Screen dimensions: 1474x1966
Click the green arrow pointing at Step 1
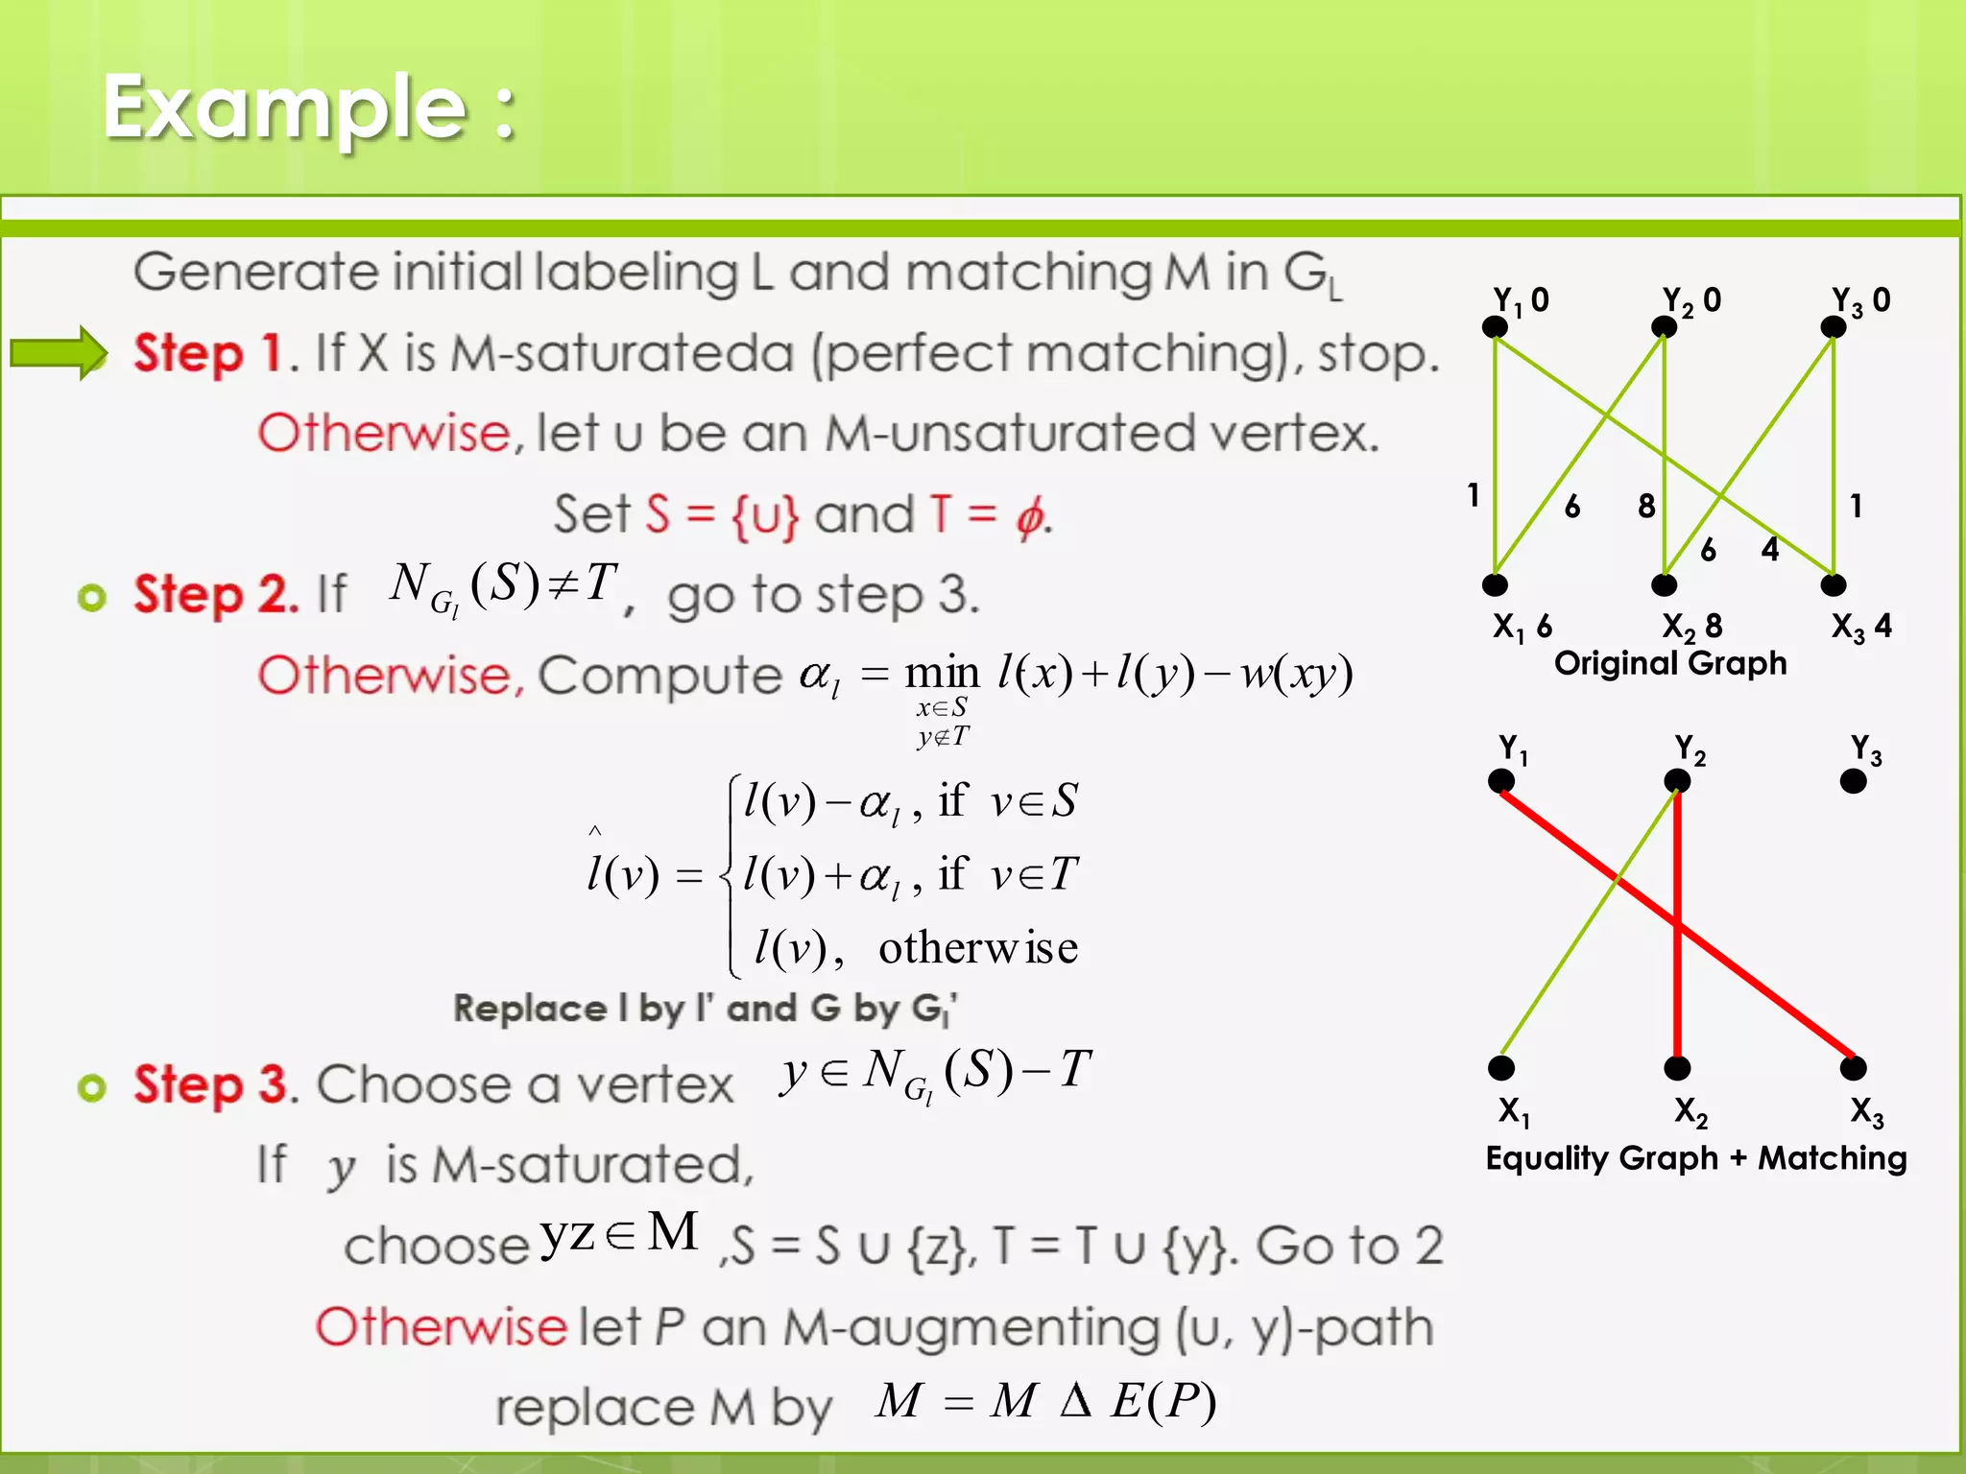coord(58,353)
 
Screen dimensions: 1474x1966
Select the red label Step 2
coord(216,594)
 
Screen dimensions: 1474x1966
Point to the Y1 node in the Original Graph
coord(1495,327)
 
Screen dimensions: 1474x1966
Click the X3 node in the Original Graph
coord(1834,584)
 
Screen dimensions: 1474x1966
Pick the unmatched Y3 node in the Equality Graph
coord(1853,781)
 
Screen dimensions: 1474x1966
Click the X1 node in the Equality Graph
coord(1501,1067)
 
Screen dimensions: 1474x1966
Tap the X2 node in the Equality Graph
coord(1677,1067)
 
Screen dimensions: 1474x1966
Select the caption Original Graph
coord(1670,663)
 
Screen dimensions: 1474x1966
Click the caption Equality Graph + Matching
coord(1695,1158)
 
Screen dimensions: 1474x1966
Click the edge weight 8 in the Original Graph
coord(1646,506)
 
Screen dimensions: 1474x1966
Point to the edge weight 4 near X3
coord(1770,549)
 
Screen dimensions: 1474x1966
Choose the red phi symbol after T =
coord(1029,517)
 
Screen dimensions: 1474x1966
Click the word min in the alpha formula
coord(942,673)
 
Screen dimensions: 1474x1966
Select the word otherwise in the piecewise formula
coord(977,948)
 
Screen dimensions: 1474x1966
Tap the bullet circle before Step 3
coord(91,1087)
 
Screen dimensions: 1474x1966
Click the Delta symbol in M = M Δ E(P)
coord(1076,1400)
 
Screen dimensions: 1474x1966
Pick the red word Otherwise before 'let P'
coord(442,1327)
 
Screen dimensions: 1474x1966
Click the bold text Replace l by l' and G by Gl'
coord(706,1009)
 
